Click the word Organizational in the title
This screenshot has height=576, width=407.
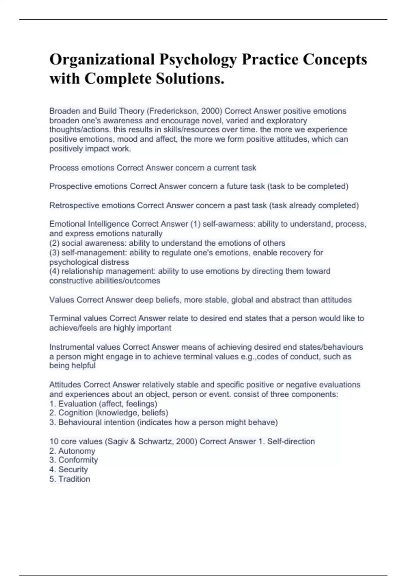pos(102,60)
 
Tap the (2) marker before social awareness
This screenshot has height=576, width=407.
pos(54,243)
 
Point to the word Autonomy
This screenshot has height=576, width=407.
pos(77,451)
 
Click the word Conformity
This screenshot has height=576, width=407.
pos(78,460)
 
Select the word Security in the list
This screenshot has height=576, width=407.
pos(73,469)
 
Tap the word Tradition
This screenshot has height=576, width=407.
pos(74,479)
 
